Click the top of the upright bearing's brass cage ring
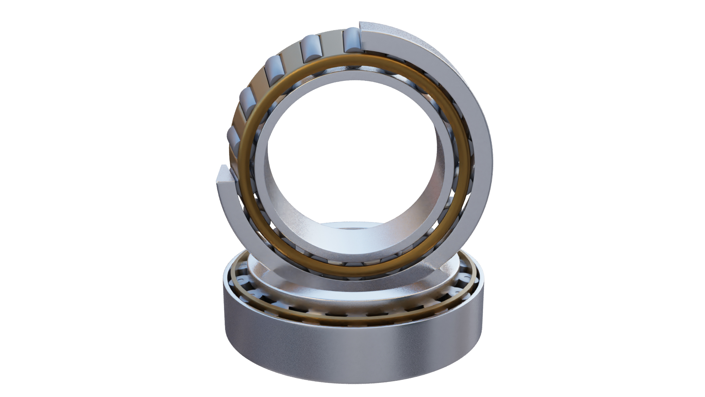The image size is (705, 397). (352, 58)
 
